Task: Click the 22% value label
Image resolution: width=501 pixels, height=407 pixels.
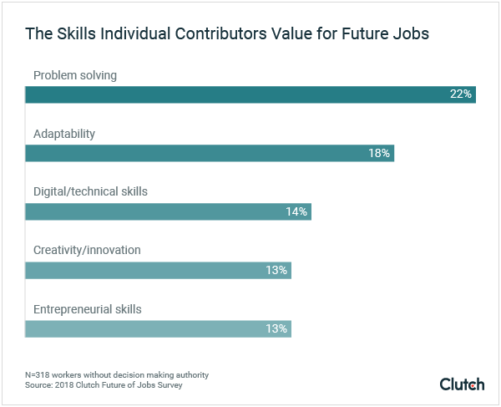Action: [x=461, y=94]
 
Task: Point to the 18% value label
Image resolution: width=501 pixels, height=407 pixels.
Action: [x=379, y=153]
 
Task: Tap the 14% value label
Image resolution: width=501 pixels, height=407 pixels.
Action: [x=296, y=211]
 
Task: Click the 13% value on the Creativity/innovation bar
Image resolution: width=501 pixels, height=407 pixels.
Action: [x=276, y=270]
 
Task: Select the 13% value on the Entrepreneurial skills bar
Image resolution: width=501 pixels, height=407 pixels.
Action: [x=276, y=328]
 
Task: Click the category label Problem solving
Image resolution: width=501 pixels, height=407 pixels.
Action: [x=75, y=75]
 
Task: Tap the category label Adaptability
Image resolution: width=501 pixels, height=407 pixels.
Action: [x=64, y=134]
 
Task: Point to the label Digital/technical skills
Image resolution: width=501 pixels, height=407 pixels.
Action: [x=90, y=192]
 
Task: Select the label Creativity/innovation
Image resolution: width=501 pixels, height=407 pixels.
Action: [x=87, y=251]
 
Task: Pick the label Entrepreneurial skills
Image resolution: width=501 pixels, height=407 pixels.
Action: [x=87, y=309]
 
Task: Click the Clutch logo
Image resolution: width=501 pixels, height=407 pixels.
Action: [x=462, y=384]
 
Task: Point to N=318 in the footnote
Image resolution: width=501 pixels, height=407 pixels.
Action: [x=40, y=374]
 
